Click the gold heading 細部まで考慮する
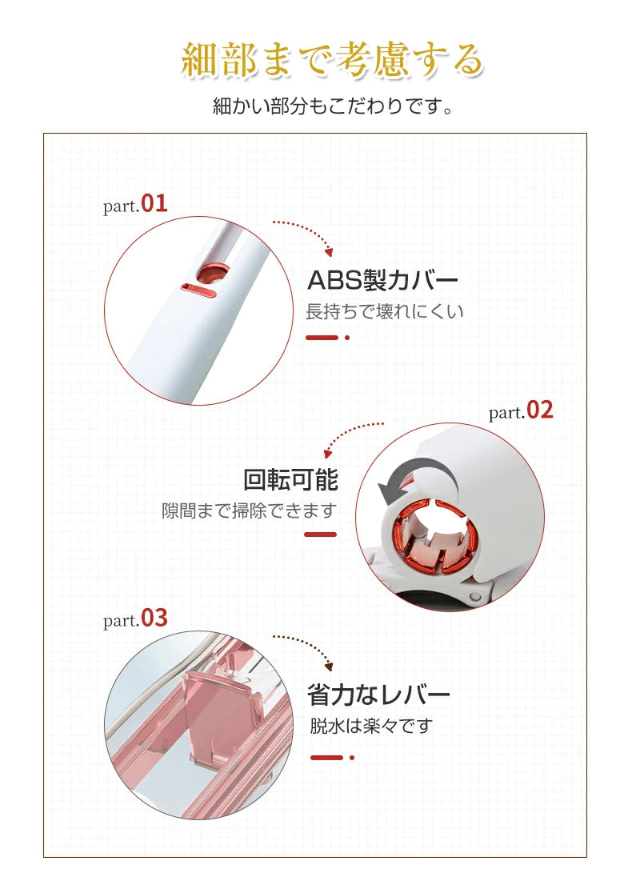(x=332, y=59)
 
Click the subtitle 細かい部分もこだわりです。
(x=333, y=106)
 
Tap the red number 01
(x=154, y=203)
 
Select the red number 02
(x=539, y=410)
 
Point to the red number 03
(x=154, y=618)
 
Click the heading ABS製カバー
(x=382, y=280)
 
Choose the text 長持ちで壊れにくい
(x=384, y=311)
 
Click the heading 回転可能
(x=290, y=480)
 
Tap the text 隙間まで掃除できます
(x=249, y=511)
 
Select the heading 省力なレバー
(x=378, y=695)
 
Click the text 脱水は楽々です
(x=370, y=727)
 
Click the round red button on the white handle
(x=214, y=273)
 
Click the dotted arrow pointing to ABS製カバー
(x=314, y=230)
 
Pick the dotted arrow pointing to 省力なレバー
(x=314, y=643)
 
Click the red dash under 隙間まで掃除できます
(x=321, y=534)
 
